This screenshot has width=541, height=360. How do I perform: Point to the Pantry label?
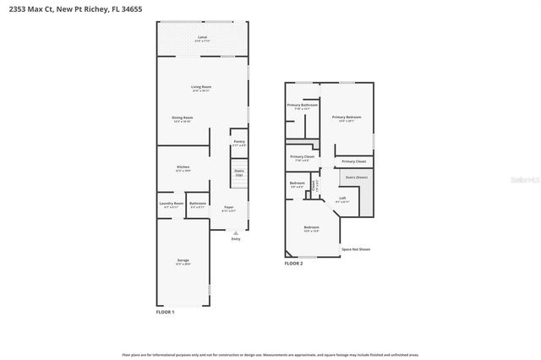tap(239, 143)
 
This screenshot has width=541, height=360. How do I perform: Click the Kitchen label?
tap(183, 168)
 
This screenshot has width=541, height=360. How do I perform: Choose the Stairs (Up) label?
tap(239, 172)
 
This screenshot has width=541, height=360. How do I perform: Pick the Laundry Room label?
tap(171, 204)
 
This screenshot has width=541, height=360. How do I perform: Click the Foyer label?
tap(228, 208)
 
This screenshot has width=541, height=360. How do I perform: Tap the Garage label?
tap(183, 261)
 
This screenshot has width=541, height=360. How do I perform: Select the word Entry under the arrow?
tap(235, 239)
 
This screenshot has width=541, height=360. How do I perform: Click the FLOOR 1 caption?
tap(166, 313)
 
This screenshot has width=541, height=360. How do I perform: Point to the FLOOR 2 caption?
tap(293, 264)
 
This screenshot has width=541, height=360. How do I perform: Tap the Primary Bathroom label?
tap(302, 106)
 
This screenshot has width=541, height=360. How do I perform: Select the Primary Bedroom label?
tap(347, 118)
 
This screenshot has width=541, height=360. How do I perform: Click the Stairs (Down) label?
tap(357, 177)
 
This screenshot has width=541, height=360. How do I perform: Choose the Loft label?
tap(342, 199)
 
